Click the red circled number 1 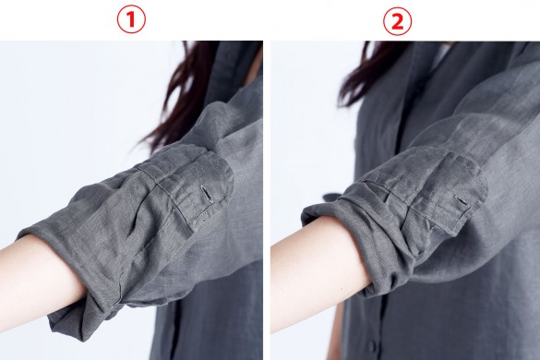(131, 19)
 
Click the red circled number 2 (398, 21)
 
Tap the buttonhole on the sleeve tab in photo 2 (462, 201)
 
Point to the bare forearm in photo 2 (317, 272)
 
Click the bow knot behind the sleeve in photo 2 (332, 199)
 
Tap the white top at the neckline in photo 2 (442, 58)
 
